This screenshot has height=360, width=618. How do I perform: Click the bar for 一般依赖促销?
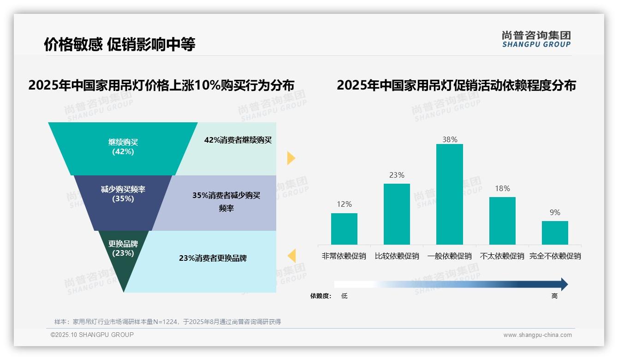click(x=449, y=194)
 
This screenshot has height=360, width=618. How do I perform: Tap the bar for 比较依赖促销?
click(x=397, y=214)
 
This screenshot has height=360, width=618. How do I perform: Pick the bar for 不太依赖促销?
click(x=502, y=221)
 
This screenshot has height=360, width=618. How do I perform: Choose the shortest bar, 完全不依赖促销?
click(x=555, y=233)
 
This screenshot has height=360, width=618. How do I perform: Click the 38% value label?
click(x=449, y=139)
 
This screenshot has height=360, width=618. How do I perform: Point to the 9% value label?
click(x=555, y=212)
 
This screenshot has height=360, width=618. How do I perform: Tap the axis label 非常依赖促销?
click(x=344, y=256)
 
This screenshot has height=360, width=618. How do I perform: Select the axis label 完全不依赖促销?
click(x=555, y=256)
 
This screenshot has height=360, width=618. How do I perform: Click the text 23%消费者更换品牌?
click(x=213, y=258)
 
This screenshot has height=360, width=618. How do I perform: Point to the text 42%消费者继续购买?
click(x=238, y=140)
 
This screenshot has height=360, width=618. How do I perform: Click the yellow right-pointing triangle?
click(x=291, y=158)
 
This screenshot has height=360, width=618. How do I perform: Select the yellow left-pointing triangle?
click(x=291, y=255)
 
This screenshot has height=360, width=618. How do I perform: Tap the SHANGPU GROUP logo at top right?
click(x=536, y=39)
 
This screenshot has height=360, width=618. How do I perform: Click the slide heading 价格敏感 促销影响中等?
click(x=119, y=44)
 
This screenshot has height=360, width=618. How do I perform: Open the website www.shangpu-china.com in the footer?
click(x=537, y=335)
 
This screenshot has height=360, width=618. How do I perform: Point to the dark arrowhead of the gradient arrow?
click(x=564, y=284)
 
